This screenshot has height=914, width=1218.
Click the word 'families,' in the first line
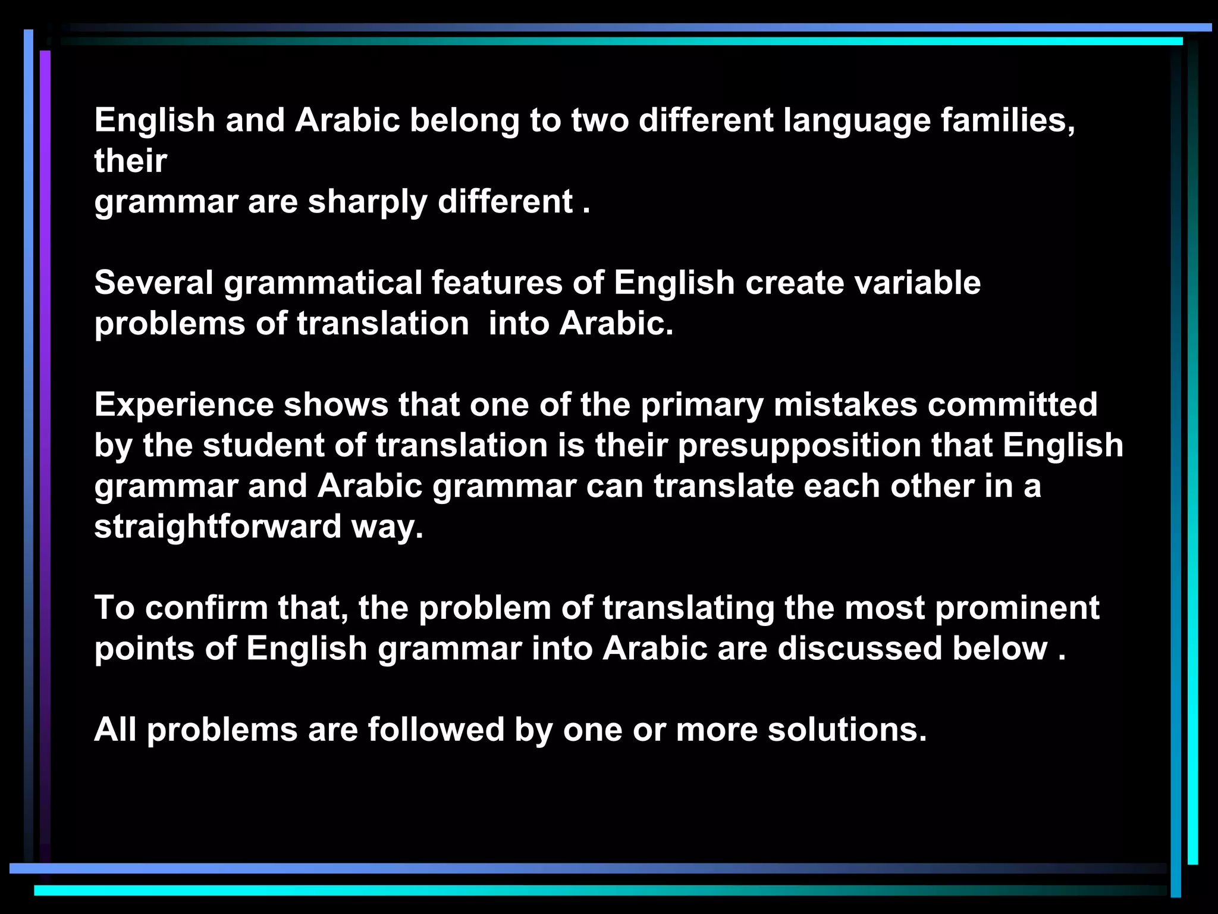pyautogui.click(x=1007, y=120)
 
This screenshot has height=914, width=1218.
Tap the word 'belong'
pyautogui.click(x=464, y=121)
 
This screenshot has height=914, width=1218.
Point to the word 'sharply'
pyautogui.click(x=367, y=202)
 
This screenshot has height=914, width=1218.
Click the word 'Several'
pyautogui.click(x=153, y=283)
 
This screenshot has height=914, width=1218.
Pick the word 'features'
pyautogui.click(x=497, y=283)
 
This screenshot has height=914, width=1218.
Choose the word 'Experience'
pyautogui.click(x=183, y=405)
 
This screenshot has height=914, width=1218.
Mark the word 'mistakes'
pyautogui.click(x=845, y=405)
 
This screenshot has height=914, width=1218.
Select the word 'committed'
pyautogui.click(x=1012, y=405)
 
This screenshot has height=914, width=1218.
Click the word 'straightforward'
pyautogui.click(x=218, y=527)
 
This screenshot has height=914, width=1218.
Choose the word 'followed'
pyautogui.click(x=436, y=730)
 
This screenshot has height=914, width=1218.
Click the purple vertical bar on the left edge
pyautogui.click(x=45, y=417)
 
